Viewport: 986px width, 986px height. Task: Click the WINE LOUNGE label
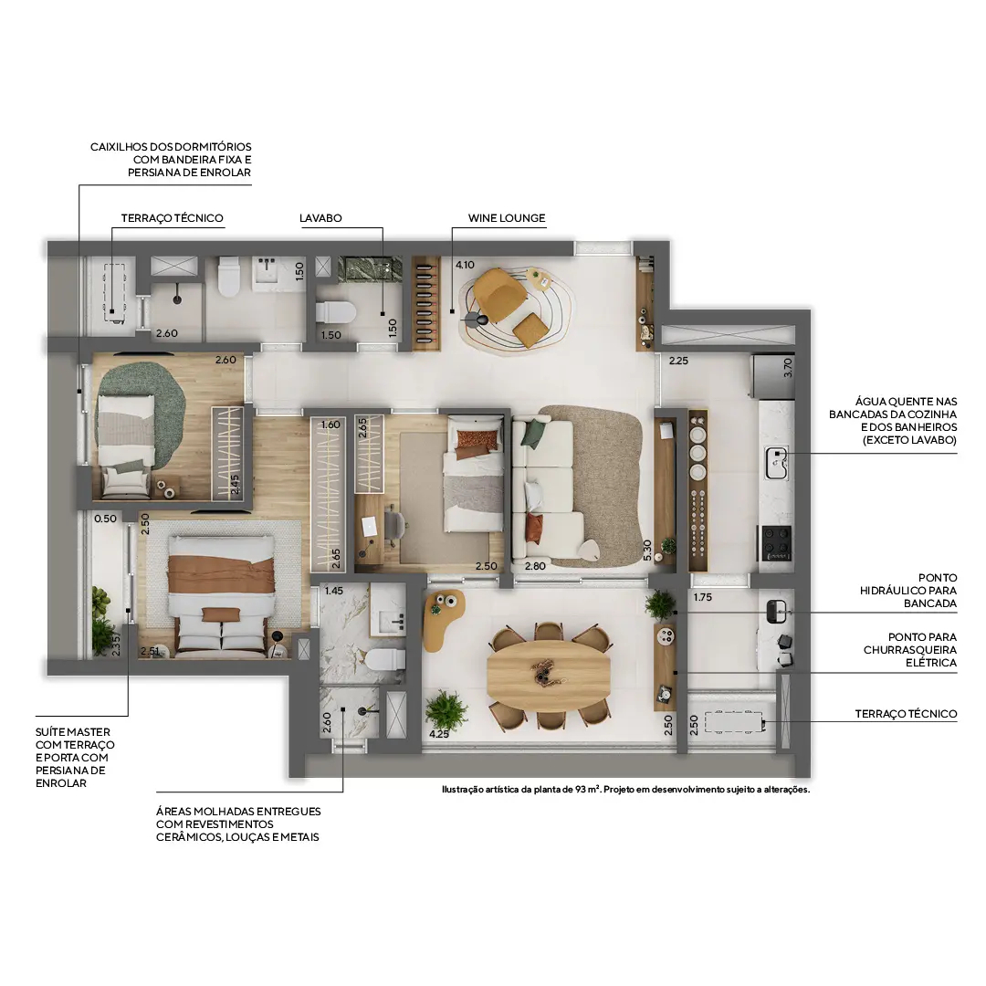506,218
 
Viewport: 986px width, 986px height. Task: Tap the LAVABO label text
320,218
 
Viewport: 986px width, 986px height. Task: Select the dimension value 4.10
465,265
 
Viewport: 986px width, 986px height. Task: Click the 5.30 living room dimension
647,550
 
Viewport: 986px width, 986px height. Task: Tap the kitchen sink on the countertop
777,462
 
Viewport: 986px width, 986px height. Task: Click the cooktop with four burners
777,543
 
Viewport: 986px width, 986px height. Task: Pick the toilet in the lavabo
334,313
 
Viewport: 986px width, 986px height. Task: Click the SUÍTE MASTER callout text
75,757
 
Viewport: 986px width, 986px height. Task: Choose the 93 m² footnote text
624,790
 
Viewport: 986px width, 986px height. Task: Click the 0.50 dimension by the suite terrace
105,519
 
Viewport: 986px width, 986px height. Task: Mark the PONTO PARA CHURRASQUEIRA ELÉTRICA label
909,650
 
